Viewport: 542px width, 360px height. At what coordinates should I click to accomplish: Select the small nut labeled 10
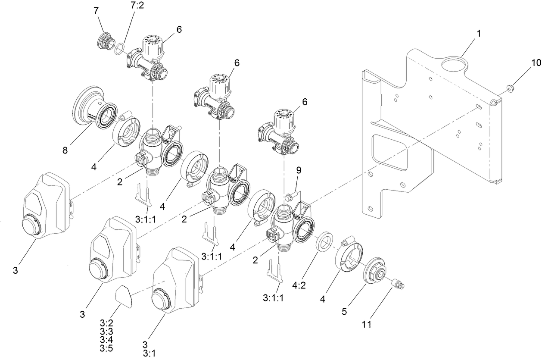(510, 88)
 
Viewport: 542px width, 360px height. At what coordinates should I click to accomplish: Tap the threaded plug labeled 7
(106, 41)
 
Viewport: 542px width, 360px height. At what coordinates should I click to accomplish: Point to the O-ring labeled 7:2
(121, 47)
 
